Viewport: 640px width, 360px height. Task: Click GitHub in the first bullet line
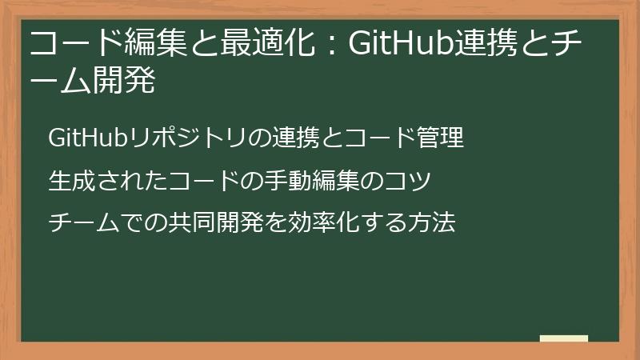tap(85, 138)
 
